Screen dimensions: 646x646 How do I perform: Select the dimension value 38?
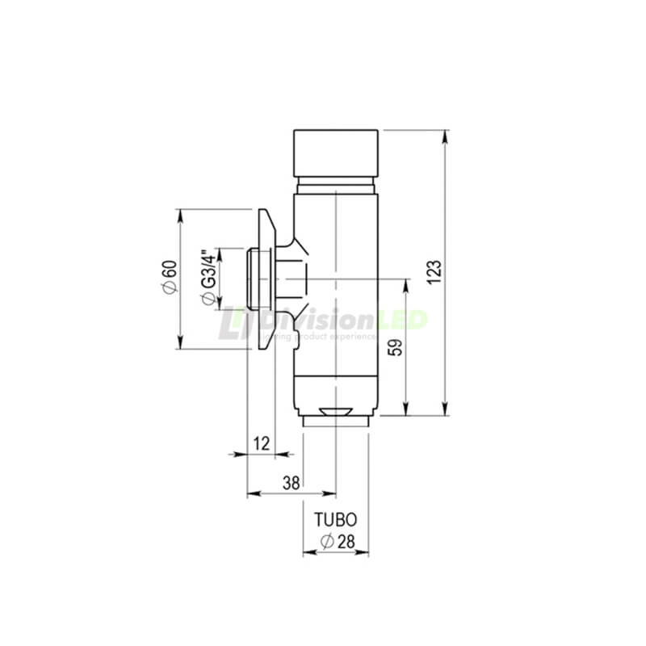tap(291, 482)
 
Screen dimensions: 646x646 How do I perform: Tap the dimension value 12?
tap(261, 443)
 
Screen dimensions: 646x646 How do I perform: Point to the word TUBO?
tap(335, 522)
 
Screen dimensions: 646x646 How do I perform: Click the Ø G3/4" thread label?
tap(208, 279)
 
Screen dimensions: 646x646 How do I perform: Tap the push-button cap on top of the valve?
tap(335, 154)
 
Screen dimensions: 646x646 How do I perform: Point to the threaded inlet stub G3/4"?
tap(257, 279)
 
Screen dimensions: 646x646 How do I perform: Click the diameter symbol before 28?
tap(326, 543)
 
